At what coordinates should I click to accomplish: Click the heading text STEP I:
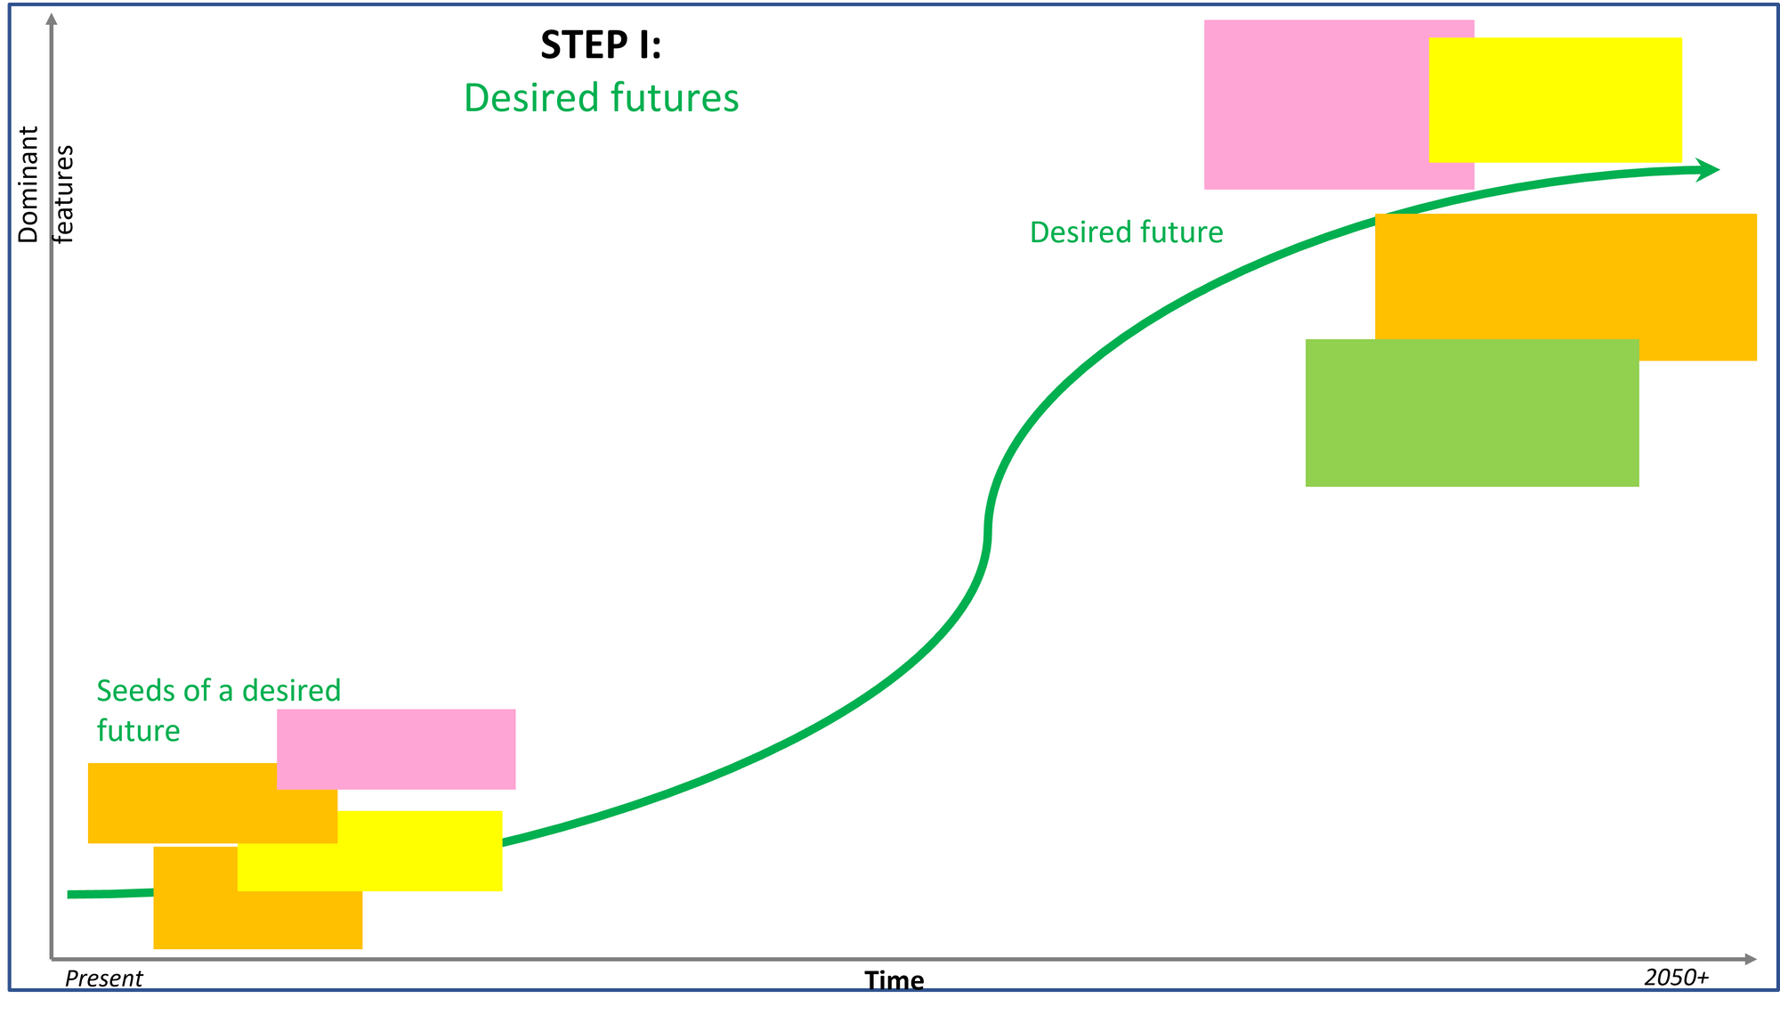pos(601,45)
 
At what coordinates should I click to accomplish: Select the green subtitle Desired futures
pos(601,98)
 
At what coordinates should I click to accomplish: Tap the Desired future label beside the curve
pos(1126,232)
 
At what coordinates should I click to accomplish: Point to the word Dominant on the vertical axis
pos(28,184)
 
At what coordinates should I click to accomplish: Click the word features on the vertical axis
pos(64,194)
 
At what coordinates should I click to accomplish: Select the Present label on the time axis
pos(104,978)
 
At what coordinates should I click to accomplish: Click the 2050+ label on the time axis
pos(1677,978)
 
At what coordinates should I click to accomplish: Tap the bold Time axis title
pos(894,980)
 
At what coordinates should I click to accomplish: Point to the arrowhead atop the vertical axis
pos(52,19)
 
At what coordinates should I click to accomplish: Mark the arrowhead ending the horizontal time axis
pos(1751,959)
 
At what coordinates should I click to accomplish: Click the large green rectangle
pos(1472,413)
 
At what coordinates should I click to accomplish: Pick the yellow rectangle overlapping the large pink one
pos(1555,100)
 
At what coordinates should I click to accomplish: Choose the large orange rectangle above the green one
pos(1566,277)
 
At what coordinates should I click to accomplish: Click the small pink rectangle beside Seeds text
pos(396,750)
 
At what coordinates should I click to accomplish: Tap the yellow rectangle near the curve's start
pos(369,851)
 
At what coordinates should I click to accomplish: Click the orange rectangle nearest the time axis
pos(258,919)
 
